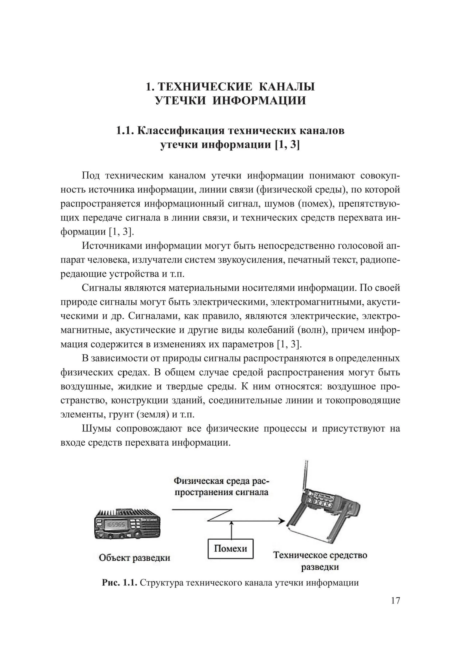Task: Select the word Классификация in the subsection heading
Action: click(180, 131)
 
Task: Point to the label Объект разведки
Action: click(134, 558)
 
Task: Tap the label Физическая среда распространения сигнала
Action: click(221, 487)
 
